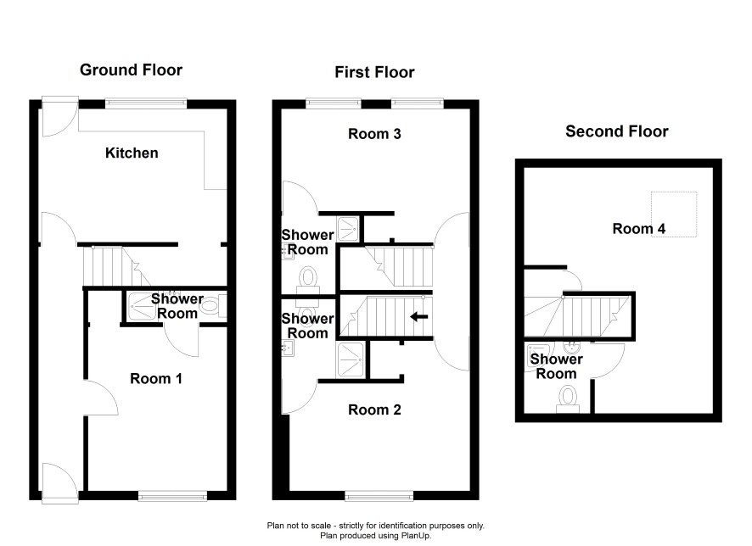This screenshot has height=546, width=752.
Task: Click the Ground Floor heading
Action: click(x=131, y=70)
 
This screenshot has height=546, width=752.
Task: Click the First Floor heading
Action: click(x=374, y=72)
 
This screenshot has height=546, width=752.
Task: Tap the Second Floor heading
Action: click(x=617, y=131)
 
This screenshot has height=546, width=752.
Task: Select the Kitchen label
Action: click(x=132, y=153)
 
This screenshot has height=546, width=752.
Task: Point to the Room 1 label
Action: click(x=156, y=379)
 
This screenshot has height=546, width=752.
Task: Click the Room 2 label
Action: click(x=374, y=410)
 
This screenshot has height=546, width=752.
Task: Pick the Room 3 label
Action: click(x=374, y=134)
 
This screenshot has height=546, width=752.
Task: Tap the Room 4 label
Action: click(x=639, y=229)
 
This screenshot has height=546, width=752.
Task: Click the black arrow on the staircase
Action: click(x=419, y=316)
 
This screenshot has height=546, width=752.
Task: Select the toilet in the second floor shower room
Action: click(x=568, y=400)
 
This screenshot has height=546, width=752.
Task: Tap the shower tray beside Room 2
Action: click(x=351, y=359)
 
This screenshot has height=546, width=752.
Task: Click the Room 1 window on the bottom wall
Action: click(x=172, y=496)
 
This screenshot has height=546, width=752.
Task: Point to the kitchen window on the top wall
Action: click(x=146, y=103)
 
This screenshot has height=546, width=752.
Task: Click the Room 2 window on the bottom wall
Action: click(x=379, y=496)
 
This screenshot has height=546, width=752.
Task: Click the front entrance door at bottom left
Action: click(x=60, y=482)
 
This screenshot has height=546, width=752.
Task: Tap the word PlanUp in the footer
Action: click(x=415, y=536)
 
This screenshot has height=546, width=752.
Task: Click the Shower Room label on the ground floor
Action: click(x=177, y=306)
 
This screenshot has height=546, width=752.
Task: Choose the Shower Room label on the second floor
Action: click(x=556, y=366)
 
